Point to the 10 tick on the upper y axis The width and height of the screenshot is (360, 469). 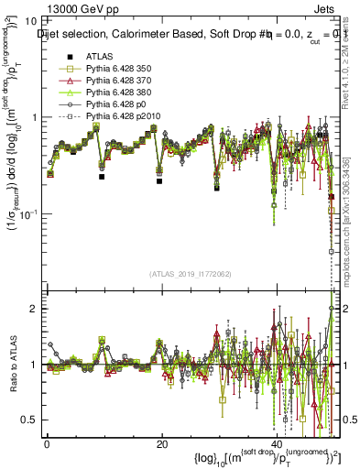click(29, 20)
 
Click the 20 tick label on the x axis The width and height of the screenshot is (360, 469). click(162, 444)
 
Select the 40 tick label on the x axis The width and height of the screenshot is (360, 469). click(277, 444)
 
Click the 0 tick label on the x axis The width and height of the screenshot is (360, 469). click(47, 444)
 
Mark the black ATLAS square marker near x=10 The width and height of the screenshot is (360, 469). click(102, 177)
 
